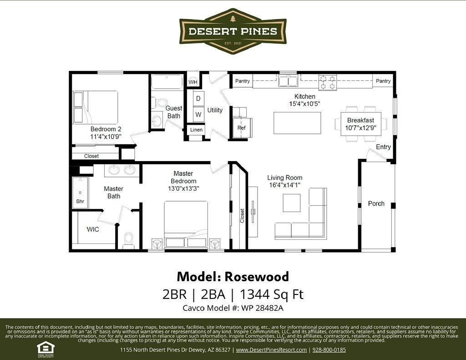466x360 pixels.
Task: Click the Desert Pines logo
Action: (x=233, y=31)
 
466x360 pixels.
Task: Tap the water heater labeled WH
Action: (x=193, y=82)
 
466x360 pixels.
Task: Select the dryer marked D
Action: (x=198, y=98)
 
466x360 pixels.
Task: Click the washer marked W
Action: (x=198, y=114)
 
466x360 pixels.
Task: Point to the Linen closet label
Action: (x=196, y=130)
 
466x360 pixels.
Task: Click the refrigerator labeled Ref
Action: (x=242, y=127)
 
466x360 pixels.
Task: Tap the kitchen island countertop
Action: (x=297, y=123)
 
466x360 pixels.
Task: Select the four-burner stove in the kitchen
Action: (x=328, y=82)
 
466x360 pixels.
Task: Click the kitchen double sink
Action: (x=288, y=81)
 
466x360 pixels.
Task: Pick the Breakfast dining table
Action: (x=361, y=124)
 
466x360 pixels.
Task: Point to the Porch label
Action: (x=376, y=203)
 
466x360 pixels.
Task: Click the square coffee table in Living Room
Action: (x=292, y=203)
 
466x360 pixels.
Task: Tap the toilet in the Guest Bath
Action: (x=160, y=103)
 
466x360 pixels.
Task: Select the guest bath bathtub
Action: (x=167, y=82)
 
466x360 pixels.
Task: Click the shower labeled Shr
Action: (x=80, y=193)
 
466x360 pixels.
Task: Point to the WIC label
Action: (x=93, y=229)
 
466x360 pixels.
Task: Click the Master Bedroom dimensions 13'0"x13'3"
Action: (x=183, y=188)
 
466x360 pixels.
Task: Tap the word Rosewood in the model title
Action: (x=257, y=276)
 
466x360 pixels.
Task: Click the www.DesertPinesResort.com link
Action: (x=271, y=350)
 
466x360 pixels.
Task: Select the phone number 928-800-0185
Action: (x=329, y=350)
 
